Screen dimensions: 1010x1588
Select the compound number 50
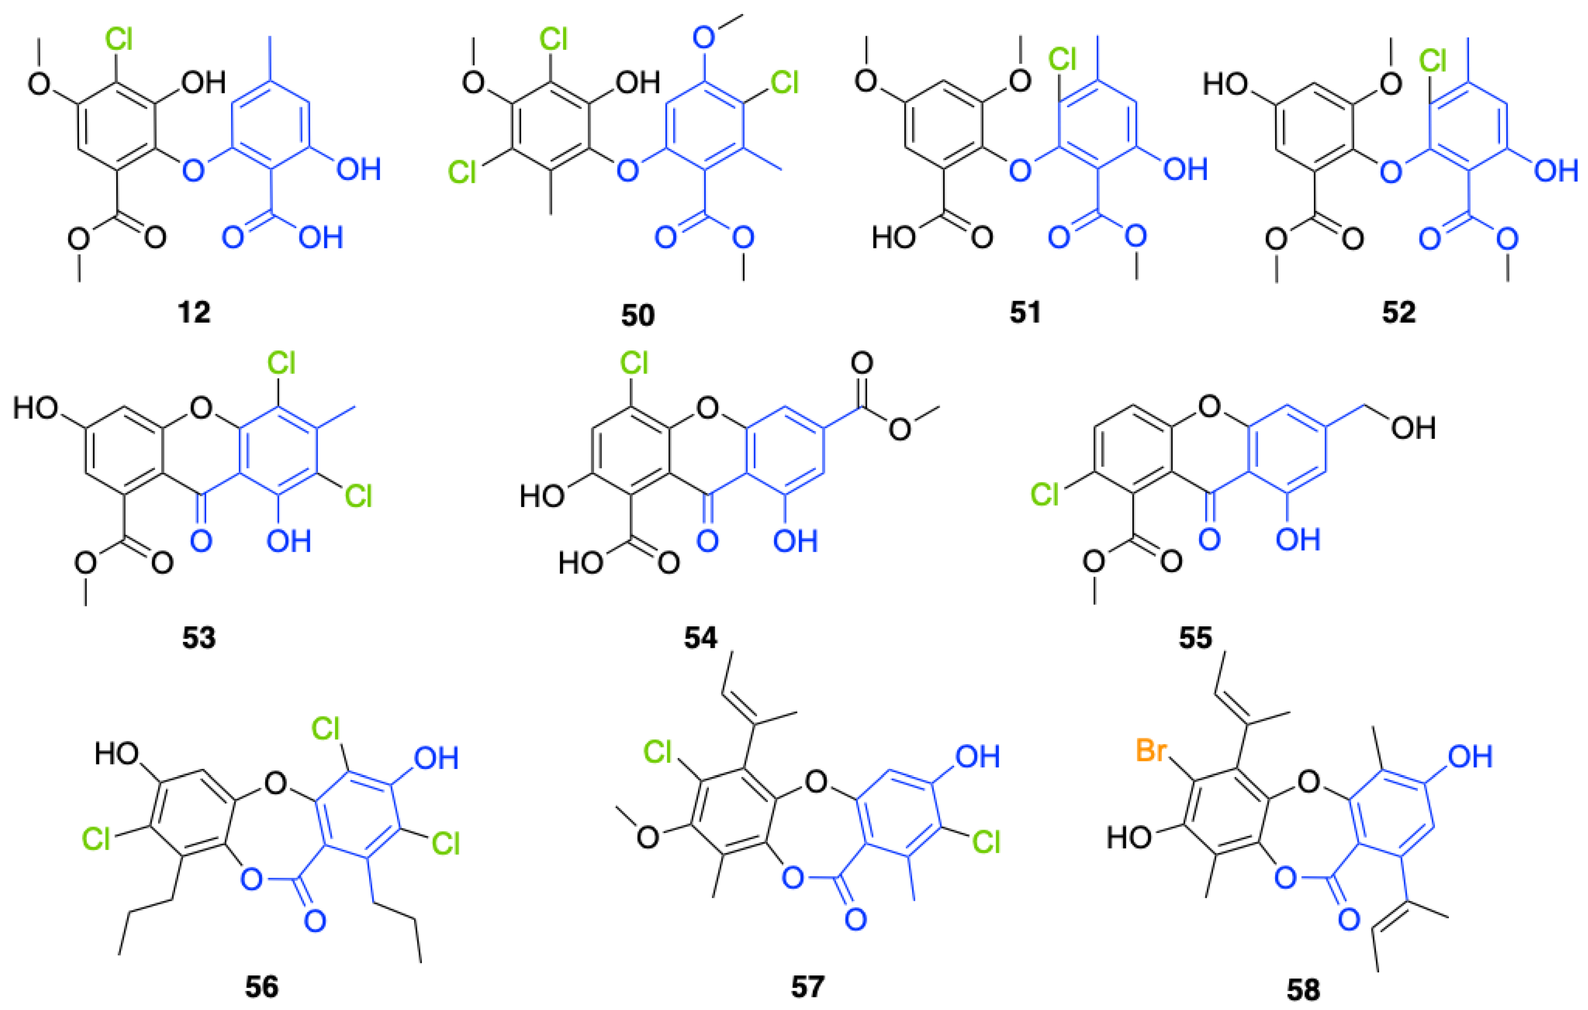pos(638,315)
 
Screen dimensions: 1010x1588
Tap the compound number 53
pos(199,638)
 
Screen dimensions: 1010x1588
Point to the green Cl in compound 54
pos(634,362)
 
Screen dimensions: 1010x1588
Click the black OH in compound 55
pos(1413,428)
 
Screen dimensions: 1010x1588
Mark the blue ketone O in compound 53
pos(201,541)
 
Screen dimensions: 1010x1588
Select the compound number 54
pos(700,638)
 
